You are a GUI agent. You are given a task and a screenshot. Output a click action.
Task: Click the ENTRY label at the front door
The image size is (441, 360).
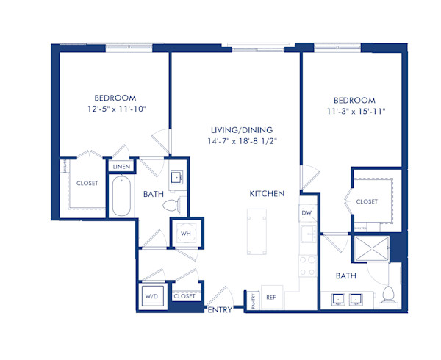click(220, 310)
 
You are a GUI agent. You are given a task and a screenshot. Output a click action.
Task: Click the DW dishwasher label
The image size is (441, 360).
click(307, 213)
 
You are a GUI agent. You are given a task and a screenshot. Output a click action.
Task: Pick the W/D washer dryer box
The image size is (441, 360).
click(151, 296)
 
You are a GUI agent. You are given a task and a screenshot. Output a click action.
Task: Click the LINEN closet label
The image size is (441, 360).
click(120, 167)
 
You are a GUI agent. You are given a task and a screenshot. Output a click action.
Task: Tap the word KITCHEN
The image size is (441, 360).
click(266, 193)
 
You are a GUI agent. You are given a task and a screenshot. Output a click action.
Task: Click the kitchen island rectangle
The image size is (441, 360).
click(258, 231)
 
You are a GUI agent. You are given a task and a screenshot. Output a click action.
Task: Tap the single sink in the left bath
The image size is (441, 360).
click(176, 177)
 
